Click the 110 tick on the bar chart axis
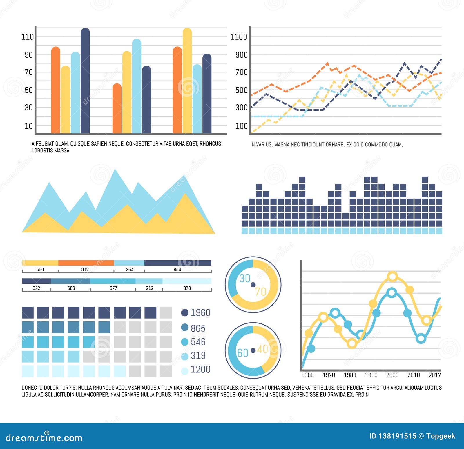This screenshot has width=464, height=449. click(28, 37)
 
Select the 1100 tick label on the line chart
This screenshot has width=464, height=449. click(239, 37)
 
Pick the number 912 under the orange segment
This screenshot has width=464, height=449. click(85, 270)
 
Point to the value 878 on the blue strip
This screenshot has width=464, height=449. click(187, 288)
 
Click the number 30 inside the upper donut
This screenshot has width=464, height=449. click(245, 279)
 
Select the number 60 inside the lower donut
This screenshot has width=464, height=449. click(243, 353)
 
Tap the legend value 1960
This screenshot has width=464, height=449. click(200, 313)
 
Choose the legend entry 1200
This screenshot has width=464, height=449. click(200, 369)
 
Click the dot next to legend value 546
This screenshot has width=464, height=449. click(185, 342)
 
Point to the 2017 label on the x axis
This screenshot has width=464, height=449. click(435, 375)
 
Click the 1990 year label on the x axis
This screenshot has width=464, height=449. click(371, 375)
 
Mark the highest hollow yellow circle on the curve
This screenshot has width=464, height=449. click(392, 277)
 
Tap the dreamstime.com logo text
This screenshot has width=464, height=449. click(44, 438)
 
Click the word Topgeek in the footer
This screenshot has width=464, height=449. click(441, 436)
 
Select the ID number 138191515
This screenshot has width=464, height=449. click(397, 436)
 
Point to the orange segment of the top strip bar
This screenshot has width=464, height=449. click(86, 263)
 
